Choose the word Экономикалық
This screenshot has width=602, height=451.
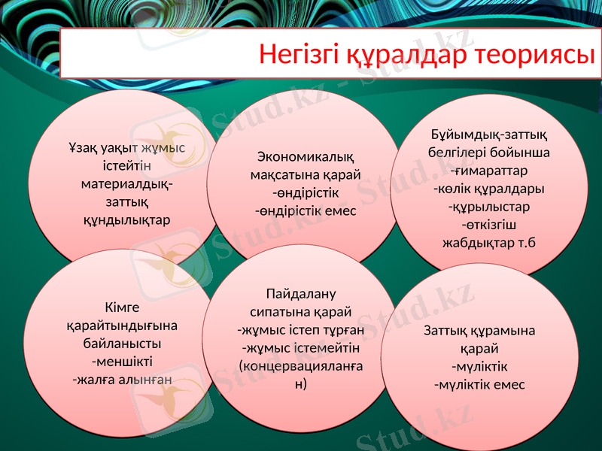tap(306, 156)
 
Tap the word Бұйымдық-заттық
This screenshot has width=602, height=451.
tap(484, 134)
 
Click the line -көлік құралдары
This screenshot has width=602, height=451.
tap(484, 188)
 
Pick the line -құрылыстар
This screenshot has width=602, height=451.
tap(484, 206)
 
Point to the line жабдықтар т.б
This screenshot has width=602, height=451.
tap(484, 242)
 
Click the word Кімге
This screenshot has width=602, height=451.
tap(122, 307)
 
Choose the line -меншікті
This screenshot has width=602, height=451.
tap(122, 362)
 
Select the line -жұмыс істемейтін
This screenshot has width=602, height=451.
tap(301, 347)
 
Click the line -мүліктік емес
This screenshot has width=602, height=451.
tap(480, 385)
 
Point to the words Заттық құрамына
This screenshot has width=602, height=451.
tap(480, 331)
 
